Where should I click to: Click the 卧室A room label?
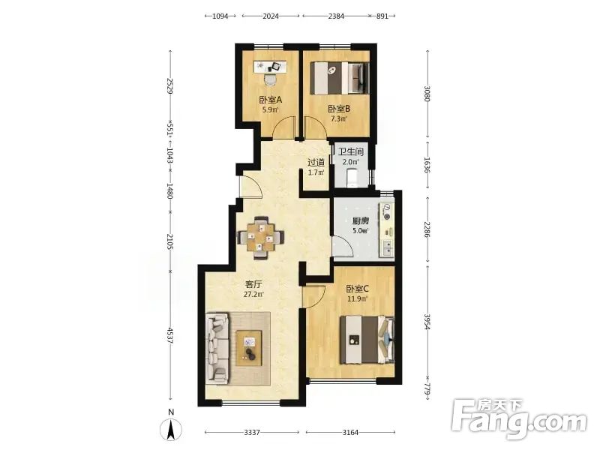coord(271,100)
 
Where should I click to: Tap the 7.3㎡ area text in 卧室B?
coord(339,118)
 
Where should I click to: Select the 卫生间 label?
coord(350,152)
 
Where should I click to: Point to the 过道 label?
coord(316,163)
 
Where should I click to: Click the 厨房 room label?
coord(361,221)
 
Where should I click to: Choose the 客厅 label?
coord(253,284)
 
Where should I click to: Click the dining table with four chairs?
coord(260,238)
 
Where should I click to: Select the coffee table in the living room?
coord(249,348)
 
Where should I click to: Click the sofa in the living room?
coord(217,347)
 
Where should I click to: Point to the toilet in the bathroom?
coord(351,178)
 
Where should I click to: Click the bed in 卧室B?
coord(340,78)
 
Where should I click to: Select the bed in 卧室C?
coord(367,340)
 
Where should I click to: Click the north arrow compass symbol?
coord(171,429)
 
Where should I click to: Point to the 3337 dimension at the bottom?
coord(252,433)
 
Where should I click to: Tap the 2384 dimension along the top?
coord(336,16)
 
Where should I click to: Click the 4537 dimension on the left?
coord(170,335)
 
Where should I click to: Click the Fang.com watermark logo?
coord(518,420)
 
